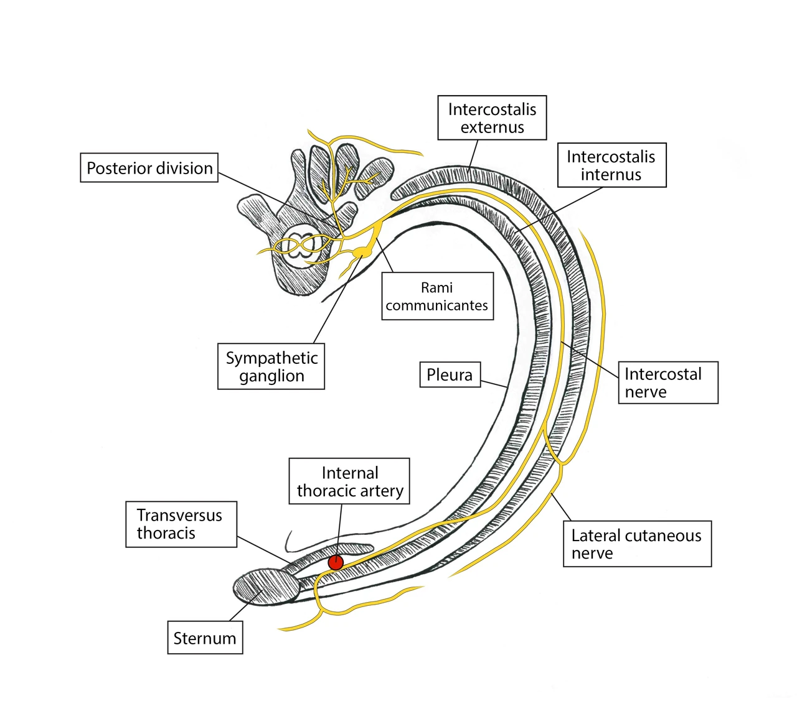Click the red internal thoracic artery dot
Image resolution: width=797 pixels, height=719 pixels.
point(336,562)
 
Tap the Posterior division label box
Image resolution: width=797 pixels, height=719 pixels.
point(149,167)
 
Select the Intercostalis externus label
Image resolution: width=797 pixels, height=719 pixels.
point(492,118)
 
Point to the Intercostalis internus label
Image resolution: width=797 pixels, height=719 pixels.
point(612,165)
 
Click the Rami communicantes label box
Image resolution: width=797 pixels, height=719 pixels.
point(438,296)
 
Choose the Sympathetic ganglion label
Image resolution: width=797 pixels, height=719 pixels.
point(271,366)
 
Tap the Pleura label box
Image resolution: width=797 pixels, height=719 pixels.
point(450,374)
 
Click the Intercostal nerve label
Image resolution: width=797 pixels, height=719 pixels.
point(668,383)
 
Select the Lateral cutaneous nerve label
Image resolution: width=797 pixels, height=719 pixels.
point(637,544)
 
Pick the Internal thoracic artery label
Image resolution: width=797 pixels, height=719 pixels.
point(349,481)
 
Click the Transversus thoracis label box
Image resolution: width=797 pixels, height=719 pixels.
point(181,524)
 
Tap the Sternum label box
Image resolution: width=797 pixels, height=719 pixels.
point(205,638)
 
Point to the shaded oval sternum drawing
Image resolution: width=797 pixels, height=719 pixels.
point(266,587)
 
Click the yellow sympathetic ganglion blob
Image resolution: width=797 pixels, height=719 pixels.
point(363,252)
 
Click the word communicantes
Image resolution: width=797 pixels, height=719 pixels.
point(436,305)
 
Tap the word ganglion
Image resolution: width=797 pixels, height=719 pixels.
point(271,376)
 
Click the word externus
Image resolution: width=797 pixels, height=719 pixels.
point(493,127)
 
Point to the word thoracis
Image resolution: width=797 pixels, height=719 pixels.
point(166,533)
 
